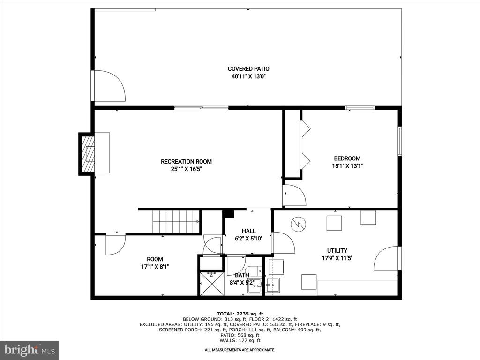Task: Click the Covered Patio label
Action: point(248,69)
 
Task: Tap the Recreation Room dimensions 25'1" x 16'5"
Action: point(186,169)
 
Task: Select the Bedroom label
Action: point(347,158)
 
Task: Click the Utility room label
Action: point(337,250)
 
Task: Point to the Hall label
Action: point(248,231)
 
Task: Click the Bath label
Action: point(242,275)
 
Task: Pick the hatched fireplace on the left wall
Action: point(87,154)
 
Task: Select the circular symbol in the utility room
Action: point(297,224)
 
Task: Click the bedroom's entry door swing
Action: point(295,195)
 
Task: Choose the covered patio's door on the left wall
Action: point(109,86)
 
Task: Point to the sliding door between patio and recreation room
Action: point(202,107)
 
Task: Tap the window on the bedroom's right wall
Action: point(400,141)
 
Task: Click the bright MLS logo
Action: point(30,349)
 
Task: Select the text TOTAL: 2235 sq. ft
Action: point(240,314)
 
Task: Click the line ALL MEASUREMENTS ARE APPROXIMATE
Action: point(240,350)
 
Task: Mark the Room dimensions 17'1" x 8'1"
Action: point(155,267)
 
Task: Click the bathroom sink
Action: point(255,285)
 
